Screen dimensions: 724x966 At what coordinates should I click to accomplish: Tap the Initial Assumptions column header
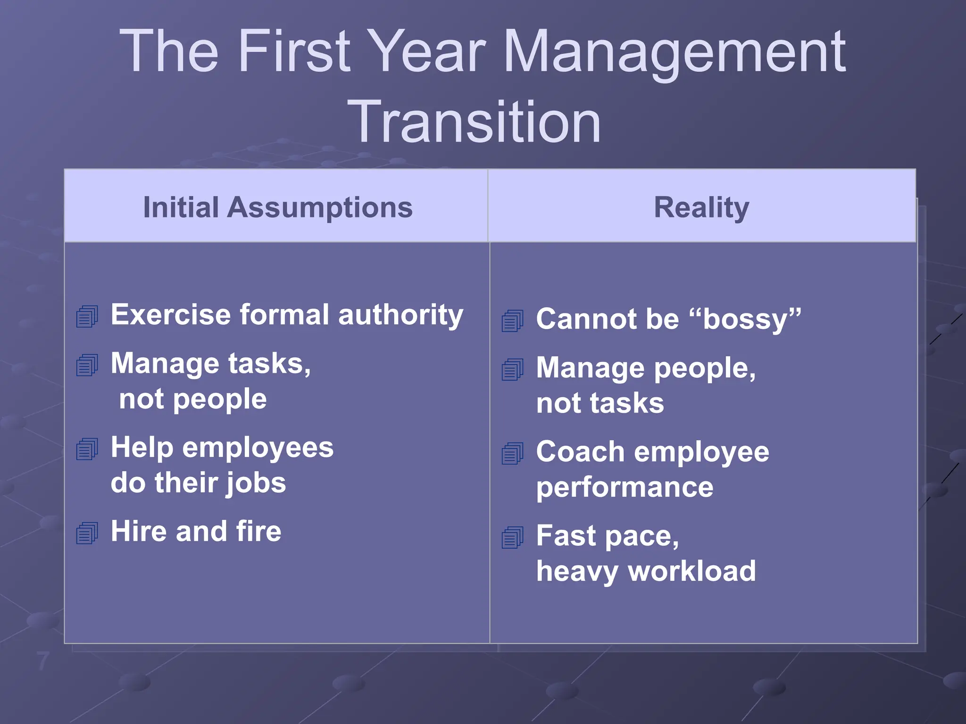point(278,207)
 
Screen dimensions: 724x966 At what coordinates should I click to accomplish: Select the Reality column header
point(701,207)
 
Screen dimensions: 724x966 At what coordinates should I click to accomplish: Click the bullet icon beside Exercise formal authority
point(87,316)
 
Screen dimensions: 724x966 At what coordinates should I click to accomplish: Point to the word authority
point(400,315)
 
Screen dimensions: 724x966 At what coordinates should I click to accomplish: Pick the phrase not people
point(193,399)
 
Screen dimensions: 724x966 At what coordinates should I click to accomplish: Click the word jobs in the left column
point(256,483)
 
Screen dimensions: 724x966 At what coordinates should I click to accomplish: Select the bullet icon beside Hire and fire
point(87,533)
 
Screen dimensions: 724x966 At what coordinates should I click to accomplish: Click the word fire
point(258,532)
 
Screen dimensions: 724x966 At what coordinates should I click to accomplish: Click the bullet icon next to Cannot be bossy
point(513,321)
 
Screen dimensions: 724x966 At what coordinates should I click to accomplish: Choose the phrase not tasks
point(600,403)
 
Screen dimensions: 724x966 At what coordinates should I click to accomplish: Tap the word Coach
point(580,452)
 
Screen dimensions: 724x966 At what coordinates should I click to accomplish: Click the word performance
point(625,487)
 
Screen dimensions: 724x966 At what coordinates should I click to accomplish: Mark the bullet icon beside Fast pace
point(513,538)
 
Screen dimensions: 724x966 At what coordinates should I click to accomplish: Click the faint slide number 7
point(43,661)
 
